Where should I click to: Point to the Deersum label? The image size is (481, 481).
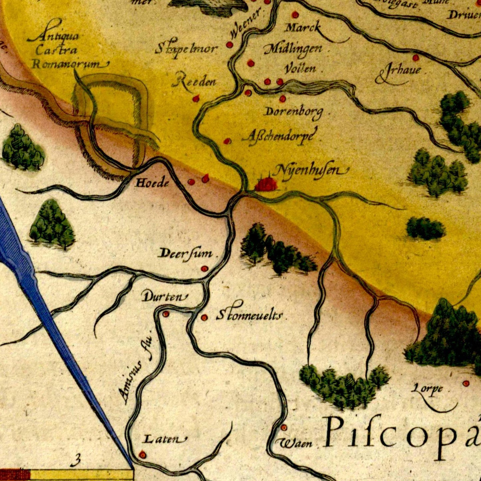pyautogui.click(x=186, y=253)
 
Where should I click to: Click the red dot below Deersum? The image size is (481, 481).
pyautogui.click(x=204, y=268)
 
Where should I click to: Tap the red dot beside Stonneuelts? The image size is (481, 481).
pyautogui.click(x=204, y=318)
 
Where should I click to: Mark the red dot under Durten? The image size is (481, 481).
pyautogui.click(x=165, y=314)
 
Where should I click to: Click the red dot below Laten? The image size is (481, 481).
pyautogui.click(x=142, y=454)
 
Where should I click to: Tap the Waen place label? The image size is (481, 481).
pyautogui.click(x=297, y=443)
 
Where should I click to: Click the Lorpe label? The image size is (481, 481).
pyautogui.click(x=427, y=388)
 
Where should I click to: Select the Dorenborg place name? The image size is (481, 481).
pyautogui.click(x=293, y=112)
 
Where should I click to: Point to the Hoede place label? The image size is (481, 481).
pyautogui.click(x=152, y=182)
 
